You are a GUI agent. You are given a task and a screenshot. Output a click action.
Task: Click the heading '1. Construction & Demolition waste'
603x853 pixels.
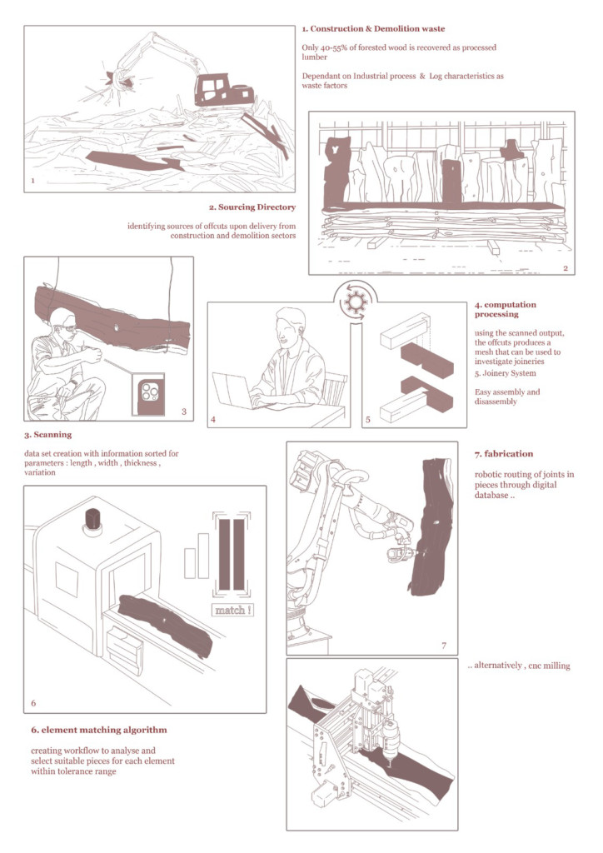[x=374, y=29]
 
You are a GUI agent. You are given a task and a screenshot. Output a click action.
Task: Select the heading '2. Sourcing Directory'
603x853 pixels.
[x=252, y=207]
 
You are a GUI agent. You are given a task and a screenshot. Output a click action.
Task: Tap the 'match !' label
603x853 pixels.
[x=232, y=611]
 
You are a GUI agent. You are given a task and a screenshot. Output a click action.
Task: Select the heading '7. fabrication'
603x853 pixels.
[x=504, y=454]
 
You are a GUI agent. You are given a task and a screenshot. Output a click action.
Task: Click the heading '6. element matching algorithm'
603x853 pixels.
[x=99, y=730]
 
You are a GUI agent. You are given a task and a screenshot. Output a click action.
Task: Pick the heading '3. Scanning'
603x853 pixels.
[x=47, y=435]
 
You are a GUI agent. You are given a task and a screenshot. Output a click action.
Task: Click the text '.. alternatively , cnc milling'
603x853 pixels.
[x=519, y=666]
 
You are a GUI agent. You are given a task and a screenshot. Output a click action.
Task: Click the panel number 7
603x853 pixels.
[x=444, y=646]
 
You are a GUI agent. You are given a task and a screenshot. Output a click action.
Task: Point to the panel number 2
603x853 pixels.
[x=566, y=268]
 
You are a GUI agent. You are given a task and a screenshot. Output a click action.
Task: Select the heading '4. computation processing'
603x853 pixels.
[x=505, y=309]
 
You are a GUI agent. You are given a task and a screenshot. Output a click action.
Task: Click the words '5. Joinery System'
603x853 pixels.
[x=505, y=373]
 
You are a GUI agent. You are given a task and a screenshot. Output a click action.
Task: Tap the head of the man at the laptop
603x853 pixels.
[x=289, y=325]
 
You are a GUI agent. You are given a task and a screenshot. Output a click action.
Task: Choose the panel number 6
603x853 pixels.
[x=33, y=703]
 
